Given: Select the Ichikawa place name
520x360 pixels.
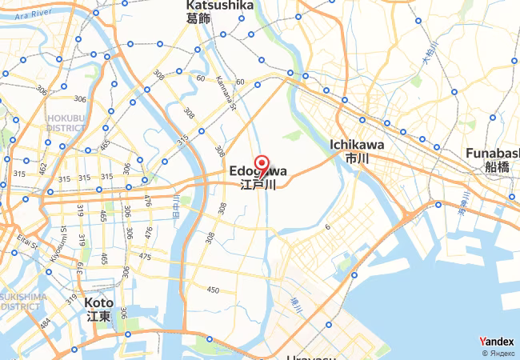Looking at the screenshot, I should [x=357, y=145].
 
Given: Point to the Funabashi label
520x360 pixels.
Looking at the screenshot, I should [x=491, y=153].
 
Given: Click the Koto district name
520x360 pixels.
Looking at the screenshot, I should [x=99, y=303].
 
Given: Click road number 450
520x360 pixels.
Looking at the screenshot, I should [x=213, y=290].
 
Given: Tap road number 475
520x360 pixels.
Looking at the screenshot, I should [x=145, y=257].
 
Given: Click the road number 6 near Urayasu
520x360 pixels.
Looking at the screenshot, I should [x=327, y=228].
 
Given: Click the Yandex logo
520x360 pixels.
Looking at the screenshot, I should [x=497, y=342].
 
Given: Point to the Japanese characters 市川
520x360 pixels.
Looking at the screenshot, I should [x=357, y=159].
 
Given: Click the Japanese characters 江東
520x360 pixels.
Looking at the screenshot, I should [x=99, y=317].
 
